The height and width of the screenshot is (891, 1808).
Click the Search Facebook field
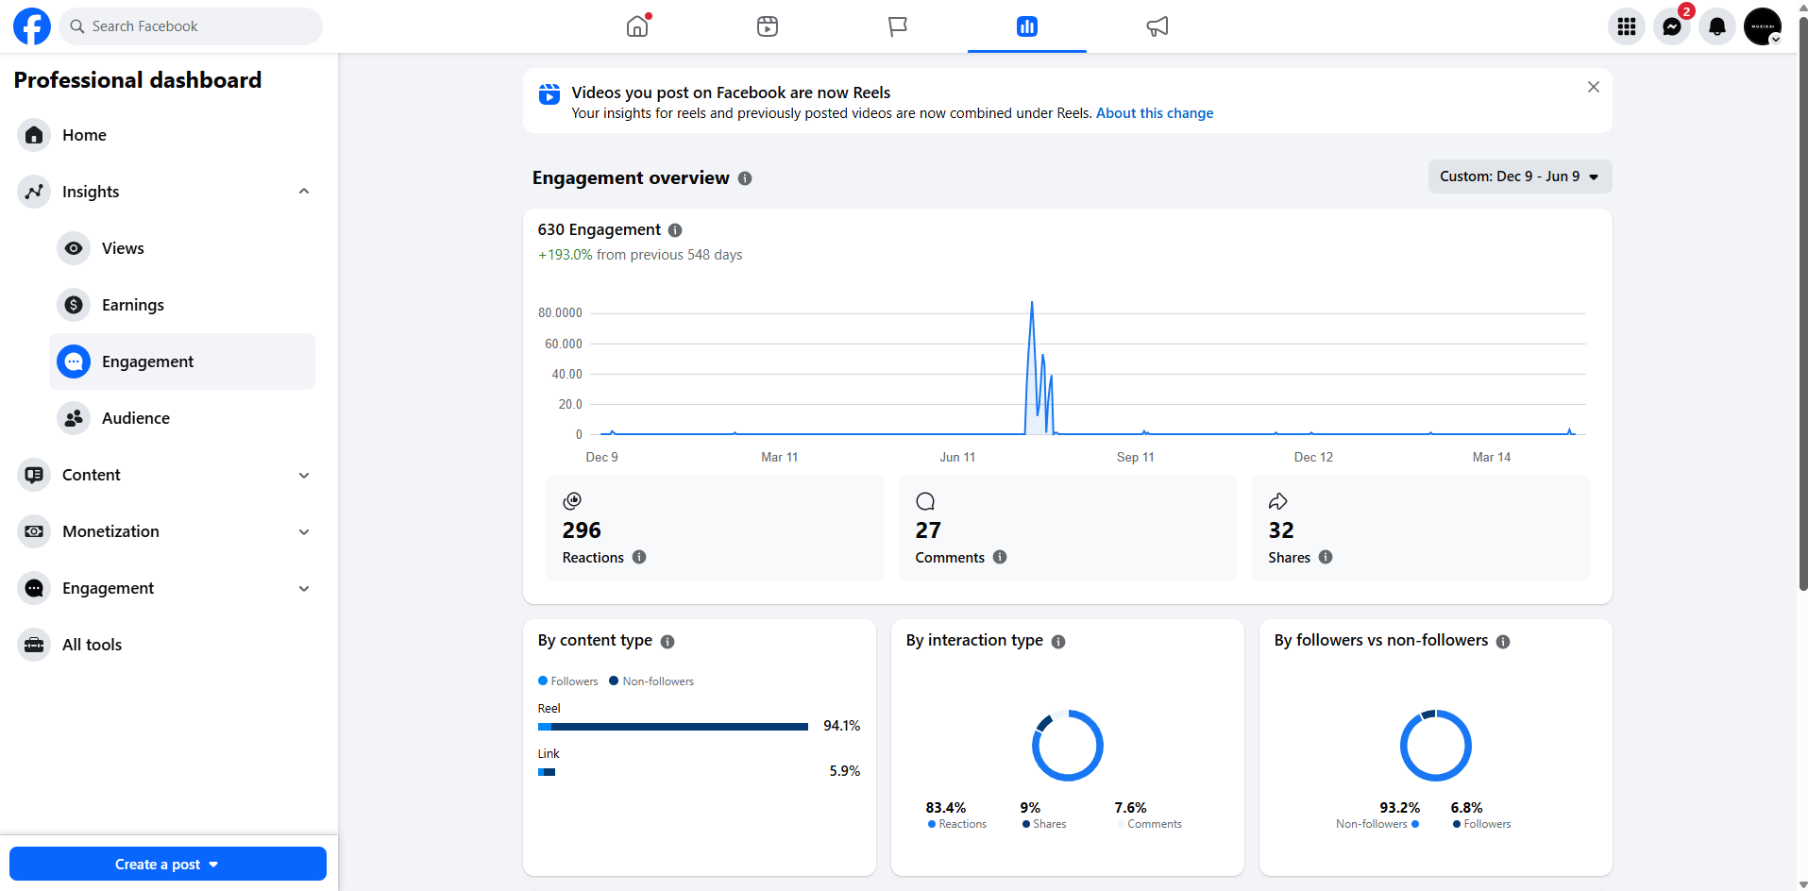pos(191,26)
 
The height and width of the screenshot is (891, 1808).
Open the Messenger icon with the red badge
pos(1672,26)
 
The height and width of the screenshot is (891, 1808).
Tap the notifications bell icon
pos(1717,26)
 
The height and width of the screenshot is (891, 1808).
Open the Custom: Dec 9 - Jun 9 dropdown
pos(1519,177)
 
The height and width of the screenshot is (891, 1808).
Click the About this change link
pos(1155,113)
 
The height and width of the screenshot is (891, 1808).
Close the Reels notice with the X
pos(1594,87)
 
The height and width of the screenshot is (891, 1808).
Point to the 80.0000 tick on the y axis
pos(560,312)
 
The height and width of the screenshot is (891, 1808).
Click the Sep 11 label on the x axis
pos(1136,457)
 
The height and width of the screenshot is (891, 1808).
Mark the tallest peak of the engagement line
pos(1032,302)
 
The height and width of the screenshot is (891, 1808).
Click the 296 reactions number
pos(582,530)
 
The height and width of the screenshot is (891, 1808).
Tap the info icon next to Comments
pos(1000,557)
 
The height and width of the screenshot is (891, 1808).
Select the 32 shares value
pos(1281,530)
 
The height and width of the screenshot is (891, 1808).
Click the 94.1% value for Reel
pos(842,726)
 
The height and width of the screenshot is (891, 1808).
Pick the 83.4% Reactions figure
pos(946,808)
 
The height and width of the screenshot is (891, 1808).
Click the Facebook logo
pos(32,26)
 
